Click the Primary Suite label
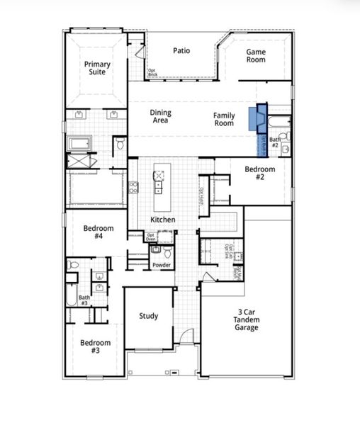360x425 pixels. pos(97,69)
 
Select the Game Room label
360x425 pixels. pos(256,56)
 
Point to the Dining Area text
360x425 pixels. pos(160,117)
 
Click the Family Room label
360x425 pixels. pos(224,119)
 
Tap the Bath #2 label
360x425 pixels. pos(275,143)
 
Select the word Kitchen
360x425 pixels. pos(162,220)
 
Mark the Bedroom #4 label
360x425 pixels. pos(99,233)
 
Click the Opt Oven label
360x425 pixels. pos(151,237)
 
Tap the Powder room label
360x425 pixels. pos(161,266)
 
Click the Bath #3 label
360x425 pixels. pos(84,300)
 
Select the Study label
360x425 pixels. pos(148,316)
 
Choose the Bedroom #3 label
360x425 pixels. pos(95,347)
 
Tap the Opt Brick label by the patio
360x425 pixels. pos(152,72)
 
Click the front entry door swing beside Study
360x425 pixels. pos(185,339)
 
